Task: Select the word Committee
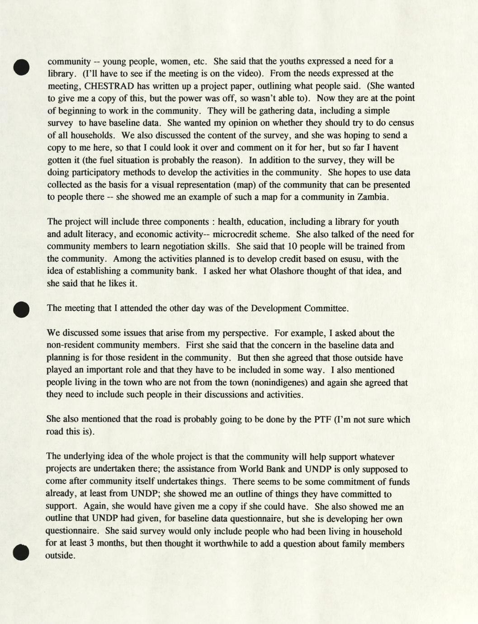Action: (x=326, y=308)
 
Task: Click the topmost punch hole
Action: (x=21, y=67)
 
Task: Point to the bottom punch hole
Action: (x=21, y=552)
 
